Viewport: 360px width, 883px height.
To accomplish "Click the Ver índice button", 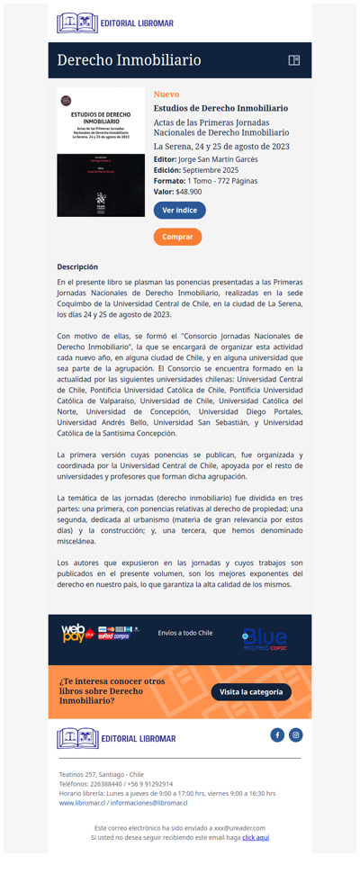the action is pyautogui.click(x=179, y=210).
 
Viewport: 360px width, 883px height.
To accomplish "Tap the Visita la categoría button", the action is pyautogui.click(x=251, y=692).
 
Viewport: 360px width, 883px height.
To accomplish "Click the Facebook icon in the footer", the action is pyautogui.click(x=277, y=735).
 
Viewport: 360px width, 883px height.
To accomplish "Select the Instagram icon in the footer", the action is pyautogui.click(x=296, y=735).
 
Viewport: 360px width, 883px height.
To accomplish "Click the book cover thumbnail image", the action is pyautogui.click(x=101, y=152).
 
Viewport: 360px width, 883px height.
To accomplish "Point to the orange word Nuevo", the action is pyautogui.click(x=166, y=95).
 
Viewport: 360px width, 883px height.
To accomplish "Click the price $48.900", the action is pyautogui.click(x=189, y=192).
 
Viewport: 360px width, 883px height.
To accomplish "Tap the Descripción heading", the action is pyautogui.click(x=77, y=266).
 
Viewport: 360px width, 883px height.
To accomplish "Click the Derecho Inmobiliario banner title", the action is pyautogui.click(x=129, y=60).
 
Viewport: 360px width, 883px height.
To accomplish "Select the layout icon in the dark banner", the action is pyautogui.click(x=293, y=60).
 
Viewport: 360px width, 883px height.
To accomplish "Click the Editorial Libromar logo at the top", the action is pyautogui.click(x=115, y=23).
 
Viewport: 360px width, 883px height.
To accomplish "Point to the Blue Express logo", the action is pyautogui.click(x=265, y=640).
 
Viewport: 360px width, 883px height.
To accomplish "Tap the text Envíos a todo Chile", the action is pyautogui.click(x=184, y=633).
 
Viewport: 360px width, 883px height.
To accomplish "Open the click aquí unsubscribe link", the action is pyautogui.click(x=256, y=837).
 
